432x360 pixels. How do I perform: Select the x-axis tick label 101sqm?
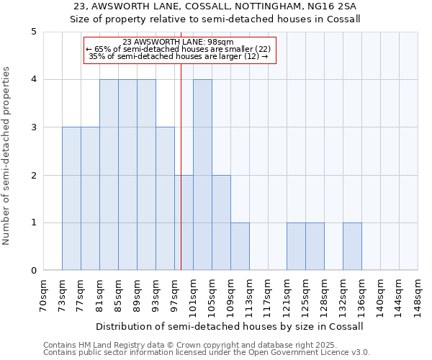(x=194, y=296)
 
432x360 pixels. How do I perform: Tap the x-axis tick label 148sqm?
(x=418, y=296)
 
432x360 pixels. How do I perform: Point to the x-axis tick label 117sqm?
(x=269, y=296)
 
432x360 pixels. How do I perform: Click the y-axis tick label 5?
(x=34, y=32)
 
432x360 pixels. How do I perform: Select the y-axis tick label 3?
(x=34, y=127)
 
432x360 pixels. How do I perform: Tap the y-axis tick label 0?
(x=34, y=271)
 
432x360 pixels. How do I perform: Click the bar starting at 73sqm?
(x=71, y=199)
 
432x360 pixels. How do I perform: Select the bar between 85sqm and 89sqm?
(x=127, y=175)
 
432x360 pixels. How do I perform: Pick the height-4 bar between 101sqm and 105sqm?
(x=202, y=175)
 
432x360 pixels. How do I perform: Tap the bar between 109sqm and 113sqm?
(x=240, y=247)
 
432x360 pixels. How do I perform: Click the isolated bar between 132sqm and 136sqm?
(x=352, y=247)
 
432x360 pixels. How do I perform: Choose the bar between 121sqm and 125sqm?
(x=296, y=247)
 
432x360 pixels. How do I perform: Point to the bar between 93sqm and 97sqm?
(x=165, y=199)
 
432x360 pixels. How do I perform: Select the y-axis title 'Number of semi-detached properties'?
(x=7, y=156)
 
